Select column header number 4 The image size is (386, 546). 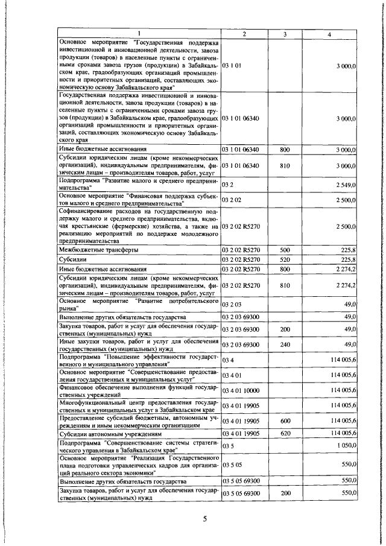[329, 34]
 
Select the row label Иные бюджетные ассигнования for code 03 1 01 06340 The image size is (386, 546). [103, 148]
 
